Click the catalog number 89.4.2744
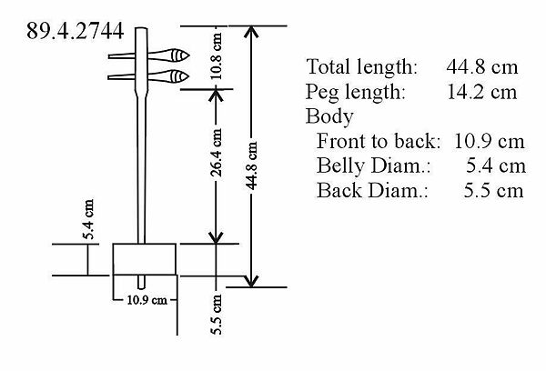[75, 31]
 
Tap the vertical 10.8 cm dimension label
[217, 56]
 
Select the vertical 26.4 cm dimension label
[217, 152]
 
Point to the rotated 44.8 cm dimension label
[251, 165]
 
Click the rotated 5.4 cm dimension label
[87, 219]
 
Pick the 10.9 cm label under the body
[147, 300]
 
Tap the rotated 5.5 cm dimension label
[216, 315]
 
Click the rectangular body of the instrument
[144, 259]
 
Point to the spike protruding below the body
[141, 282]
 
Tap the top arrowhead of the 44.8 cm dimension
[251, 31]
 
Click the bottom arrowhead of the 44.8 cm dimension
[251, 282]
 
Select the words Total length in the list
[361, 66]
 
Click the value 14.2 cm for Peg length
[481, 92]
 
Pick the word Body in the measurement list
[329, 116]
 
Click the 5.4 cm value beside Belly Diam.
[496, 165]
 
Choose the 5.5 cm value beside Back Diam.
[493, 191]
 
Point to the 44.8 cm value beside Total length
[482, 66]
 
